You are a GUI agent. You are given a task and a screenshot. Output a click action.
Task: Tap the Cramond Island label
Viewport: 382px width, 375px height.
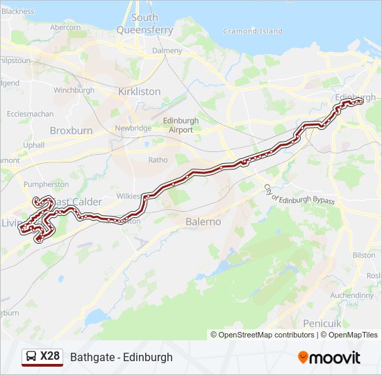pyautogui.click(x=253, y=31)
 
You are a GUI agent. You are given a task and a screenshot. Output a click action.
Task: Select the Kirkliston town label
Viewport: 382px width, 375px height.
pyautogui.click(x=139, y=92)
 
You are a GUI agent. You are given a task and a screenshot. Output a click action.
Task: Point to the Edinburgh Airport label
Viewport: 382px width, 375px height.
pyautogui.click(x=181, y=125)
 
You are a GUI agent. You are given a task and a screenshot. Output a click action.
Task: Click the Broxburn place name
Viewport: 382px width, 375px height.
pyautogui.click(x=71, y=131)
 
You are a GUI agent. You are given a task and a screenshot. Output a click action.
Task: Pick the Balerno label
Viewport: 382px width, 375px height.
pyautogui.click(x=203, y=222)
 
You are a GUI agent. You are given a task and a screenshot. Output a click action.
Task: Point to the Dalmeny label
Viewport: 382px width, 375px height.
pyautogui.click(x=167, y=51)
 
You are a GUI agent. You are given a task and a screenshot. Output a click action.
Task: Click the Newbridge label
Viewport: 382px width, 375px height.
pyautogui.click(x=133, y=128)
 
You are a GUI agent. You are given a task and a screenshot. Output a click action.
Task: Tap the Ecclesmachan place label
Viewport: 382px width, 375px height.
pyautogui.click(x=30, y=114)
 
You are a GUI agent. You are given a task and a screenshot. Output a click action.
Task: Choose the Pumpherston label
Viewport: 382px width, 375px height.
pyautogui.click(x=45, y=185)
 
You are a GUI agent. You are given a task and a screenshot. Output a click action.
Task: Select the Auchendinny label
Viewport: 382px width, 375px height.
pyautogui.click(x=351, y=295)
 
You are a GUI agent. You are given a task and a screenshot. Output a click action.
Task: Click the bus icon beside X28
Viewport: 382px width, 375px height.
pyautogui.click(x=31, y=357)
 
